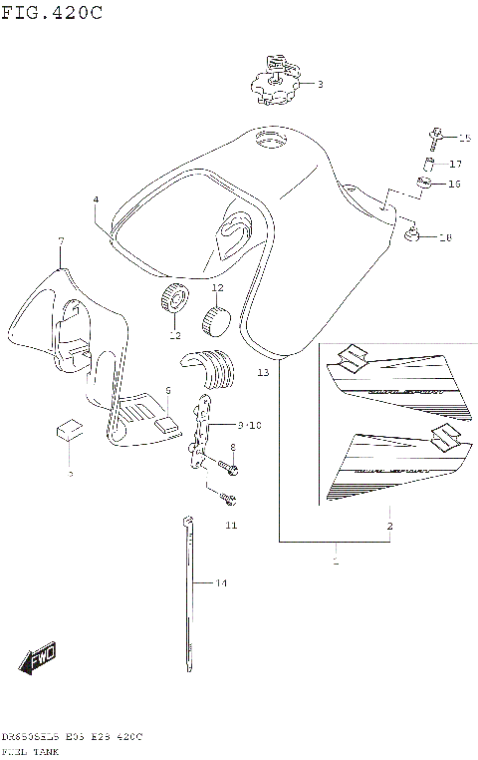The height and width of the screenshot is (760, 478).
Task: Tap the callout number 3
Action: click(320, 85)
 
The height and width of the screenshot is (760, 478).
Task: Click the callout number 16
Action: click(454, 184)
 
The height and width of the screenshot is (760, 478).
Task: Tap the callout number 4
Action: click(96, 200)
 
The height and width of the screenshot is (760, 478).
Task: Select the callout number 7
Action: click(61, 241)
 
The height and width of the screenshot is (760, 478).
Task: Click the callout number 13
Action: click(263, 373)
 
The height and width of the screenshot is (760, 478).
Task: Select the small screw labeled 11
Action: click(227, 495)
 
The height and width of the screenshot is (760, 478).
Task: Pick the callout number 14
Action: click(222, 583)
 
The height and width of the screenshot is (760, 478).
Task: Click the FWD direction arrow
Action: click(37, 659)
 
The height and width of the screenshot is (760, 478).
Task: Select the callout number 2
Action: click(389, 526)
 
